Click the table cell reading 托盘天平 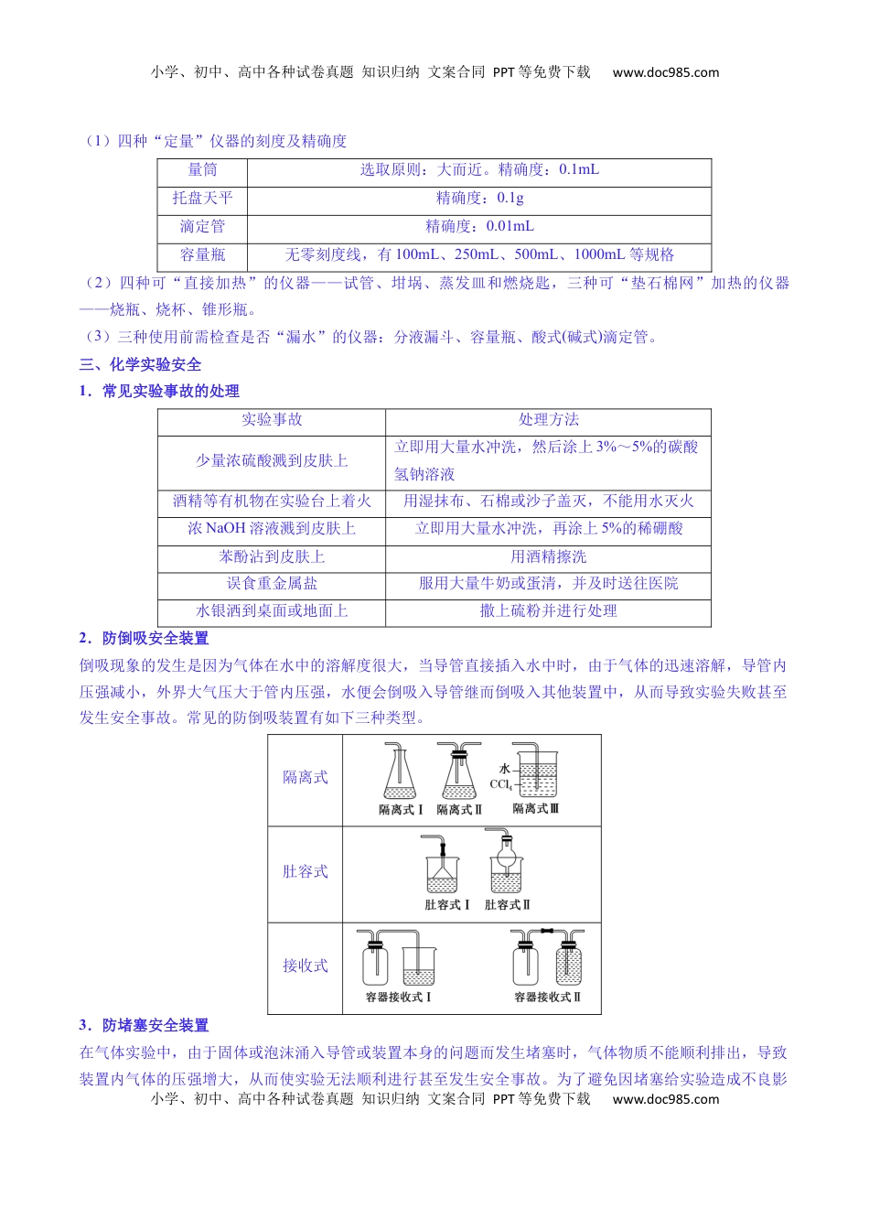pos(202,198)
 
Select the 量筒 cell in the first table pos(202,169)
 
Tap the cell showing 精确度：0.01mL pos(479,226)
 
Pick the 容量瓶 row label pos(202,254)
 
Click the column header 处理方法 pos(548,419)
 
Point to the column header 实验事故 pos(272,419)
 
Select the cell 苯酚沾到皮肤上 pos(272,556)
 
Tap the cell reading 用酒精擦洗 pos(548,556)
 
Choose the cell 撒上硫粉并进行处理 pos(548,610)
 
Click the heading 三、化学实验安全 pos(140,364)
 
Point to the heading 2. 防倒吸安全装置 pos(144,638)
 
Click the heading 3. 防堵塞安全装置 pos(144,1025)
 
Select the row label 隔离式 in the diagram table pos(305,777)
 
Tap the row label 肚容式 pos(305,871)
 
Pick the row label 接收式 pos(305,966)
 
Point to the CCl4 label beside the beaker pos(500,784)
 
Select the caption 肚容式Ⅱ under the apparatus pos(508,904)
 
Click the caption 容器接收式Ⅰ pos(399,997)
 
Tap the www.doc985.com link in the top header pos(666,72)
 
